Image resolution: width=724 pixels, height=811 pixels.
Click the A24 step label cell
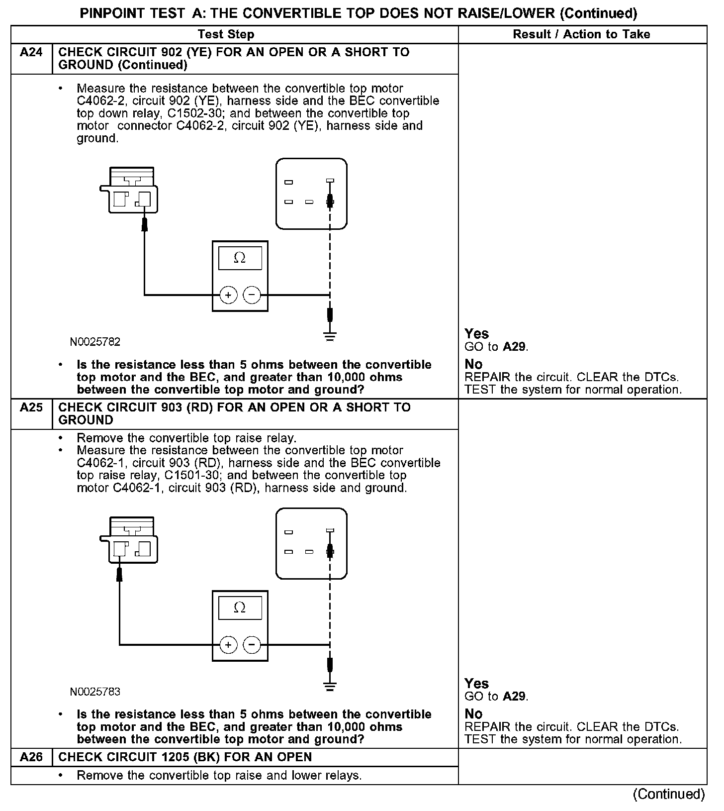tap(31, 52)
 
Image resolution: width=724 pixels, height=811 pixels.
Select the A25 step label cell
tap(31, 407)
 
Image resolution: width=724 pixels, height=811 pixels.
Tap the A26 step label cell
tap(31, 757)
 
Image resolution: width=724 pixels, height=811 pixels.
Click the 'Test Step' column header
tap(226, 34)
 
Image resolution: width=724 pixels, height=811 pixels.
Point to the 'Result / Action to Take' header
tap(581, 34)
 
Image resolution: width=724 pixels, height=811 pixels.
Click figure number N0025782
tap(95, 342)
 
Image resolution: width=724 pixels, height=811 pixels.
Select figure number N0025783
tap(95, 692)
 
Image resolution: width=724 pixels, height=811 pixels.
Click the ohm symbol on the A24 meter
tap(240, 258)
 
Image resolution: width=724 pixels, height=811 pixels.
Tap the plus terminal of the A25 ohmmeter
tap(228, 645)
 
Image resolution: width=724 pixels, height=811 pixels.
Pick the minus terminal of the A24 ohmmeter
tap(252, 295)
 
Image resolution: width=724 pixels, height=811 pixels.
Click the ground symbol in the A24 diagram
tap(330, 336)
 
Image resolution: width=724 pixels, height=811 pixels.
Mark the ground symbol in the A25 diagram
tap(330, 686)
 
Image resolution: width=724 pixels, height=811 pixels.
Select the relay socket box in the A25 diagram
tap(311, 543)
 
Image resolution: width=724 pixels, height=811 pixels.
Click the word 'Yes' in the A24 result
tap(476, 334)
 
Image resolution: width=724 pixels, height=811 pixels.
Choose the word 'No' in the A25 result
tap(473, 714)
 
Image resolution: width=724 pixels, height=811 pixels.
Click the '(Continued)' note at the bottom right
tap(669, 794)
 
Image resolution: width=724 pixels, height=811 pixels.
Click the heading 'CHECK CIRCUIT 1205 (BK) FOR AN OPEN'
tap(185, 757)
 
